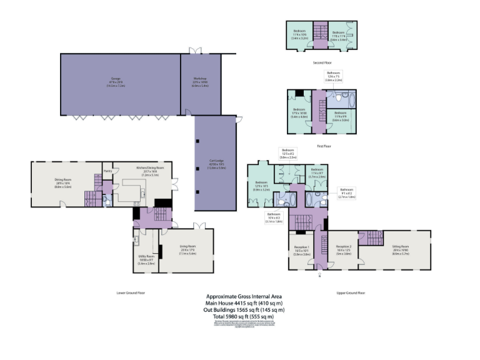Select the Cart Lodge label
[x=216, y=165]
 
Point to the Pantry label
[x=107, y=170]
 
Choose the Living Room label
[x=187, y=251]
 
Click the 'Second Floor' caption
[x=322, y=62]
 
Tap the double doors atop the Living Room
[x=200, y=226]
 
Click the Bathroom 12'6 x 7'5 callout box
[x=333, y=77]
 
